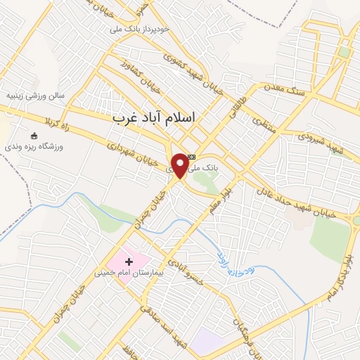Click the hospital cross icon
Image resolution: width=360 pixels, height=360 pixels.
[128, 262]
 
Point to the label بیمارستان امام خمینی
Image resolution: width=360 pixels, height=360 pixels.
[128, 272]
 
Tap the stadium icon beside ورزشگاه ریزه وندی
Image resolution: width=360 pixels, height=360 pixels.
[33, 136]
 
